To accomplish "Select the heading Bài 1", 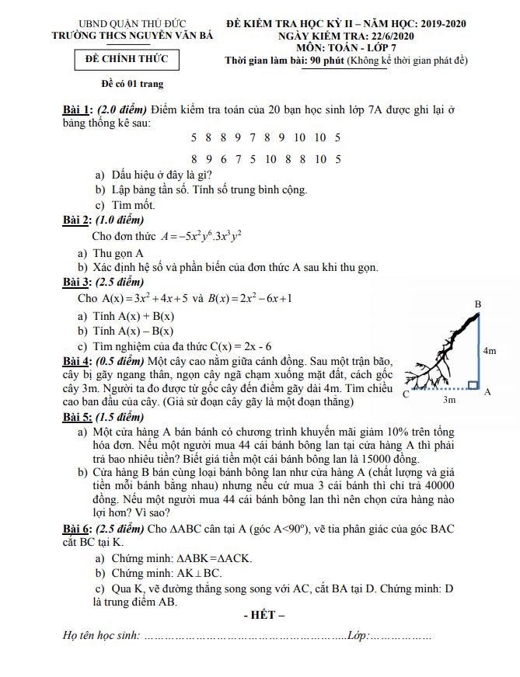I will click(x=78, y=110).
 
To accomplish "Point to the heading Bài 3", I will click(x=78, y=281).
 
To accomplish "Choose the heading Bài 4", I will click(x=78, y=361).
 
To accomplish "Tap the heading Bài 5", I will click(x=78, y=417).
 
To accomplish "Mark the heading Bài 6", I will click(x=78, y=529).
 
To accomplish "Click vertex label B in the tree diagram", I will click(x=478, y=304).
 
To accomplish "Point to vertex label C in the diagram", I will click(x=407, y=395).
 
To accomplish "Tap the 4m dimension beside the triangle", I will click(x=490, y=351).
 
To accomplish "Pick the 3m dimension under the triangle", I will click(x=449, y=401).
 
